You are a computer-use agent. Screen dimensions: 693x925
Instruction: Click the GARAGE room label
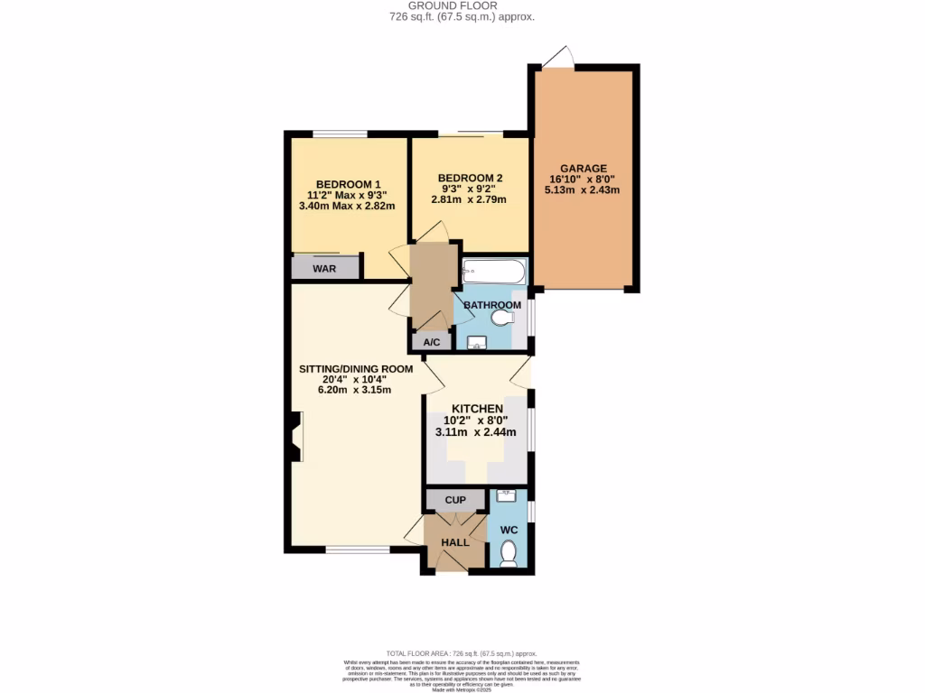(x=583, y=168)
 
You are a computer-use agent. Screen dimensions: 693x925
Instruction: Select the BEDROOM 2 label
(x=470, y=178)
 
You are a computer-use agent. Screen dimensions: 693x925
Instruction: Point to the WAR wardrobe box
(x=325, y=268)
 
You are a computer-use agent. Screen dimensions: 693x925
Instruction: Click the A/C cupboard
(x=432, y=342)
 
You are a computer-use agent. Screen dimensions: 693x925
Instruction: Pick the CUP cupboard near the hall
(x=455, y=499)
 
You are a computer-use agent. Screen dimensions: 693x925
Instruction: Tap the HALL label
(x=455, y=542)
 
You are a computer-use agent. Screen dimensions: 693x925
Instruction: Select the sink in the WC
(x=507, y=495)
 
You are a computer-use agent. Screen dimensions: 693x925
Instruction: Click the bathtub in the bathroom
(x=492, y=271)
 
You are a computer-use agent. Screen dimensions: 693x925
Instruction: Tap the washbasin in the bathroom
(x=477, y=342)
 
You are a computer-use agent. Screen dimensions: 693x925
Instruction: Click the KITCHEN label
(x=477, y=409)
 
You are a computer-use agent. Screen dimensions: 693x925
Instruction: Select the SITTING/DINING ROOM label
(x=356, y=368)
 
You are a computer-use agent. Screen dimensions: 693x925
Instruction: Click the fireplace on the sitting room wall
(x=296, y=437)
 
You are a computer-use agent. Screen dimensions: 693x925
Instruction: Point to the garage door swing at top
(x=558, y=56)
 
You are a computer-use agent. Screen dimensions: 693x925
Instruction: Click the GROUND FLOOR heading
(x=462, y=5)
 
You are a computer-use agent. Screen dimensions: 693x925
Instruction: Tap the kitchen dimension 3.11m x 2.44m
(x=476, y=432)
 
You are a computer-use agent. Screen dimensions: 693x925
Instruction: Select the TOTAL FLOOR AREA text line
(x=462, y=653)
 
